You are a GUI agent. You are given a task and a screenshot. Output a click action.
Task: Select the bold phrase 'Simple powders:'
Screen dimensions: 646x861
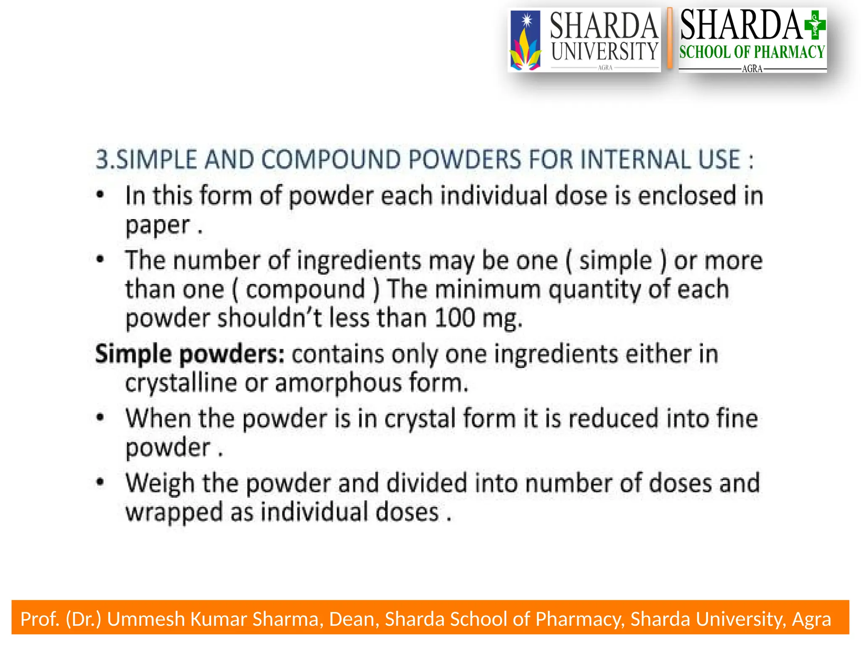190,354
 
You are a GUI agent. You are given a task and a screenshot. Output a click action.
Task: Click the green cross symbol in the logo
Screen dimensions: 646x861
815,25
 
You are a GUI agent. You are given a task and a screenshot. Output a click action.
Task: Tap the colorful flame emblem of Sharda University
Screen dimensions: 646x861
525,41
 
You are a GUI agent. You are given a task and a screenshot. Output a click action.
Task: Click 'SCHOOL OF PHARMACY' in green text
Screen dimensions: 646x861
752,52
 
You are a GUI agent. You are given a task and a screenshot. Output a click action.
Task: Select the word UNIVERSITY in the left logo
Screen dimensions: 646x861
605,51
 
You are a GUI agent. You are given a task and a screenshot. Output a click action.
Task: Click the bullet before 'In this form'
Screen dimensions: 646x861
100,195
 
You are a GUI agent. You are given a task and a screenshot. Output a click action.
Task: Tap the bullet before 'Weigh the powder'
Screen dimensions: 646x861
100,482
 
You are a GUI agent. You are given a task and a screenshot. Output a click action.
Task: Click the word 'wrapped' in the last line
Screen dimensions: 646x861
174,513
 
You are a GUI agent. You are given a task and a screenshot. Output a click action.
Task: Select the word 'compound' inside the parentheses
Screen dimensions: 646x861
306,289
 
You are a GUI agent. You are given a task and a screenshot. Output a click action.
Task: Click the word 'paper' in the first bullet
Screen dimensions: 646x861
158,226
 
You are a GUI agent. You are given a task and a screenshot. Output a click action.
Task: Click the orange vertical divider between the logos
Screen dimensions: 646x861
670,39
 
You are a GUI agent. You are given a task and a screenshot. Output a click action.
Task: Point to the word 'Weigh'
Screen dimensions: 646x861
160,484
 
